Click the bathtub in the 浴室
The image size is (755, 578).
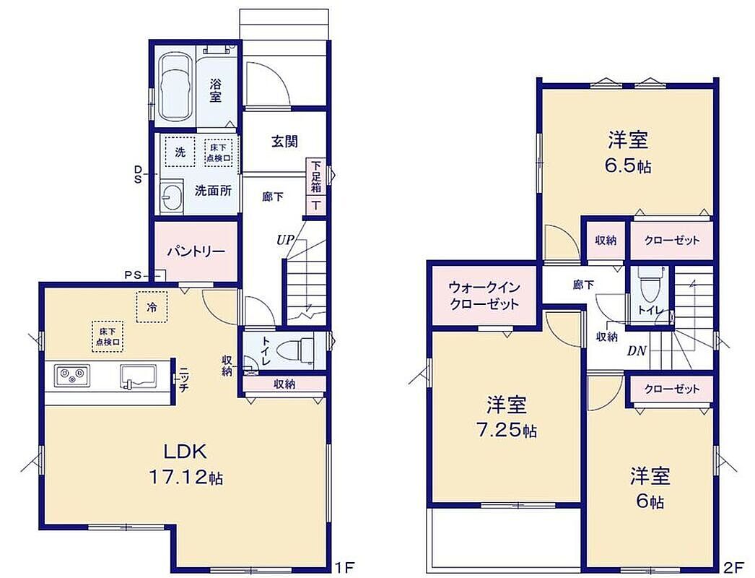coord(175,87)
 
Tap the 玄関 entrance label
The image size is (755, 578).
coord(284,142)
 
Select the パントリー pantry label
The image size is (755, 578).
coord(196,251)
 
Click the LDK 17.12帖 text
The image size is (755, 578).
coord(186,464)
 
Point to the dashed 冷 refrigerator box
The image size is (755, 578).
coord(152,306)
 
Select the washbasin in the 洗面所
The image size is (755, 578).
coord(172,197)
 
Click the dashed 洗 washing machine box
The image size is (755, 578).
coord(180,152)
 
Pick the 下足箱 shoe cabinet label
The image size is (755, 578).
coord(316,176)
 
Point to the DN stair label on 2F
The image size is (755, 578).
coord(637,351)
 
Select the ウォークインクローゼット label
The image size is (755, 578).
coord(484,296)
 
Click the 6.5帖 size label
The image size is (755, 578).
coord(628,166)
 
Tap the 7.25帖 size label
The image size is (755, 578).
coord(507,429)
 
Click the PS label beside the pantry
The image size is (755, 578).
coord(132,275)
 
